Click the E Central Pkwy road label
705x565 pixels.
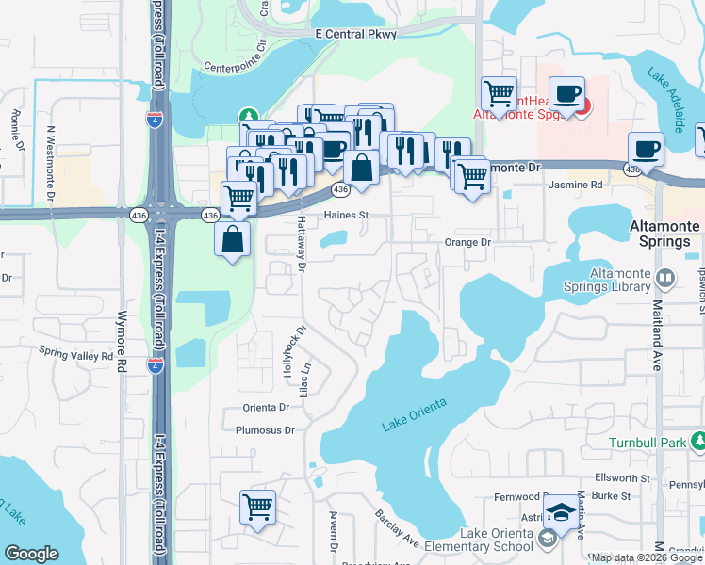coord(355,34)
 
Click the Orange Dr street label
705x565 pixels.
coord(468,242)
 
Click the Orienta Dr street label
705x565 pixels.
coord(266,407)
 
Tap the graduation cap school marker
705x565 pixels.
coord(561,512)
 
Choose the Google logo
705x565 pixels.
coord(31,554)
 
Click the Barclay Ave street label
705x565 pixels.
coord(397,530)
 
